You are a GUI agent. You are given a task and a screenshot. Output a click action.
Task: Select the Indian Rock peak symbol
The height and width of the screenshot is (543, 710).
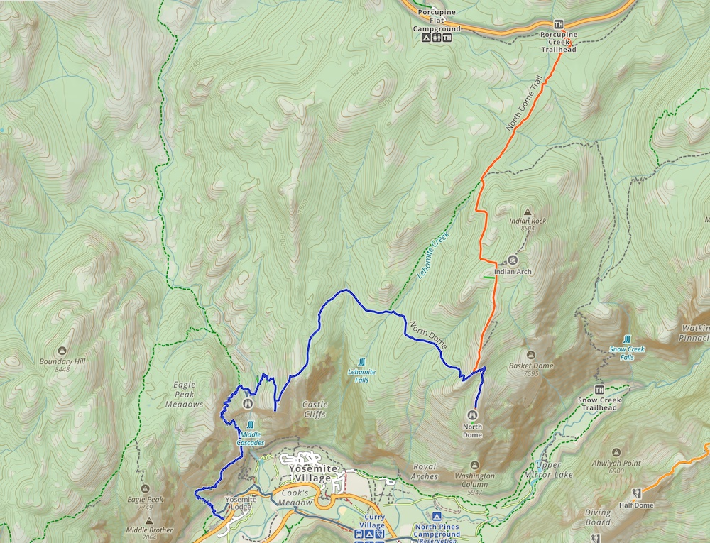528,212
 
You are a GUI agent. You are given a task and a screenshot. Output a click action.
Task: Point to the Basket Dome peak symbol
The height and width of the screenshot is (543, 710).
531,355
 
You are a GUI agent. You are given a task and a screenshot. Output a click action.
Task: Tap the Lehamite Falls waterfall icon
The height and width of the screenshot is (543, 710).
362,361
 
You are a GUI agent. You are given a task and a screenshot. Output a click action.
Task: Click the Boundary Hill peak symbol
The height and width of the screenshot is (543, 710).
62,351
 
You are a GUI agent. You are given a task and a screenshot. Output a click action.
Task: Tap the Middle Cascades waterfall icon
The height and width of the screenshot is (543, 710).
250,424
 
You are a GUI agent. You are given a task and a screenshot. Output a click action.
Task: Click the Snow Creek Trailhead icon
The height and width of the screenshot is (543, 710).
599,390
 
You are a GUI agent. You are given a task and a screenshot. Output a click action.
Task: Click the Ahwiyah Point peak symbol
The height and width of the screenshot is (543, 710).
615,452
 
